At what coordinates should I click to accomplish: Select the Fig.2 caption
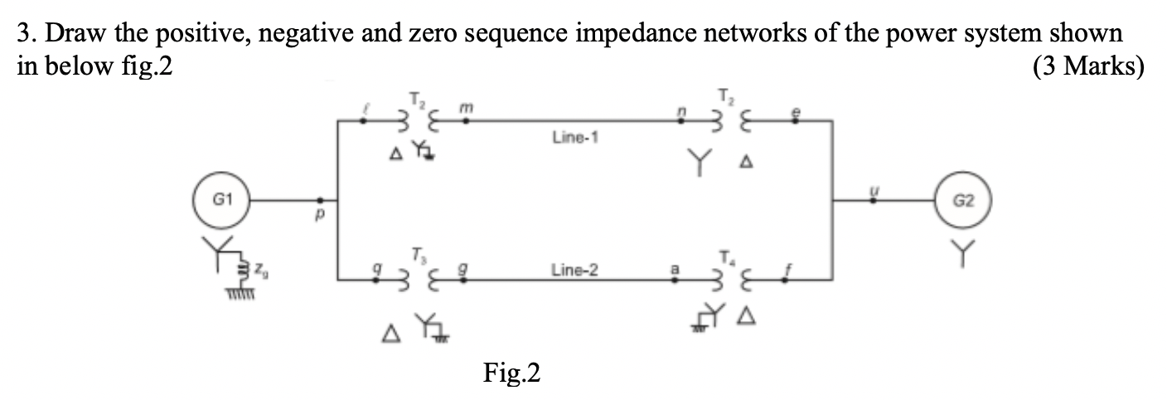(x=511, y=374)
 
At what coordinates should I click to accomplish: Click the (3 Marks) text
(x=1087, y=66)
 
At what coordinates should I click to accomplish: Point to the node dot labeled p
(x=322, y=201)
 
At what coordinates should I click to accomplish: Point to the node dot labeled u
(x=869, y=201)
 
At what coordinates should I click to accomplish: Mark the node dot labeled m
(x=466, y=121)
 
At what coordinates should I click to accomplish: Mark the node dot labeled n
(x=681, y=121)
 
